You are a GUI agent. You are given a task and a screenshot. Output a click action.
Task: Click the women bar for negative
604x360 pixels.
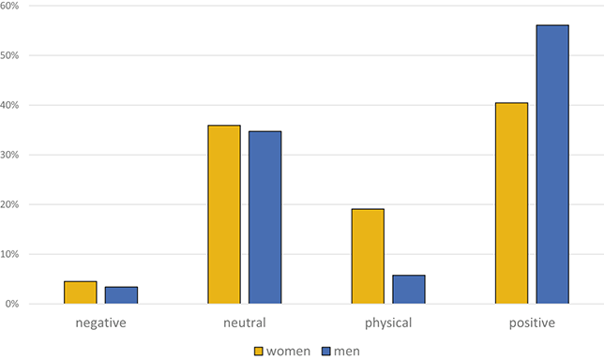pyautogui.click(x=81, y=292)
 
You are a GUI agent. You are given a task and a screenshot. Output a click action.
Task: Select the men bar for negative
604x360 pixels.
pyautogui.click(x=121, y=295)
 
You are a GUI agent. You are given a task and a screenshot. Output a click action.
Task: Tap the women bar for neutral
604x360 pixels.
pyautogui.click(x=224, y=215)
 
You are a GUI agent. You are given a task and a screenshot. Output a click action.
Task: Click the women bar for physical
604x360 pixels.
pyautogui.click(x=368, y=256)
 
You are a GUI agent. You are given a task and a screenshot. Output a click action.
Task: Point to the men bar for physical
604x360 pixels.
pyautogui.click(x=408, y=290)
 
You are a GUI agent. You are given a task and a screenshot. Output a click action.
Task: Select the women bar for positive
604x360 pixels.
pyautogui.click(x=511, y=203)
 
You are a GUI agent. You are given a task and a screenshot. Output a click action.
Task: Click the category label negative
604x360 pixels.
pyautogui.click(x=100, y=323)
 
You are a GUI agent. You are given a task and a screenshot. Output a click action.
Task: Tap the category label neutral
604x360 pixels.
pyautogui.click(x=244, y=323)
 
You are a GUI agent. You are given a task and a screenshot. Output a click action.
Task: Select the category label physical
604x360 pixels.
pyautogui.click(x=387, y=324)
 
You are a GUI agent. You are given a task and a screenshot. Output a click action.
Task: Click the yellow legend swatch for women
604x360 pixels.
pyautogui.click(x=260, y=351)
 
